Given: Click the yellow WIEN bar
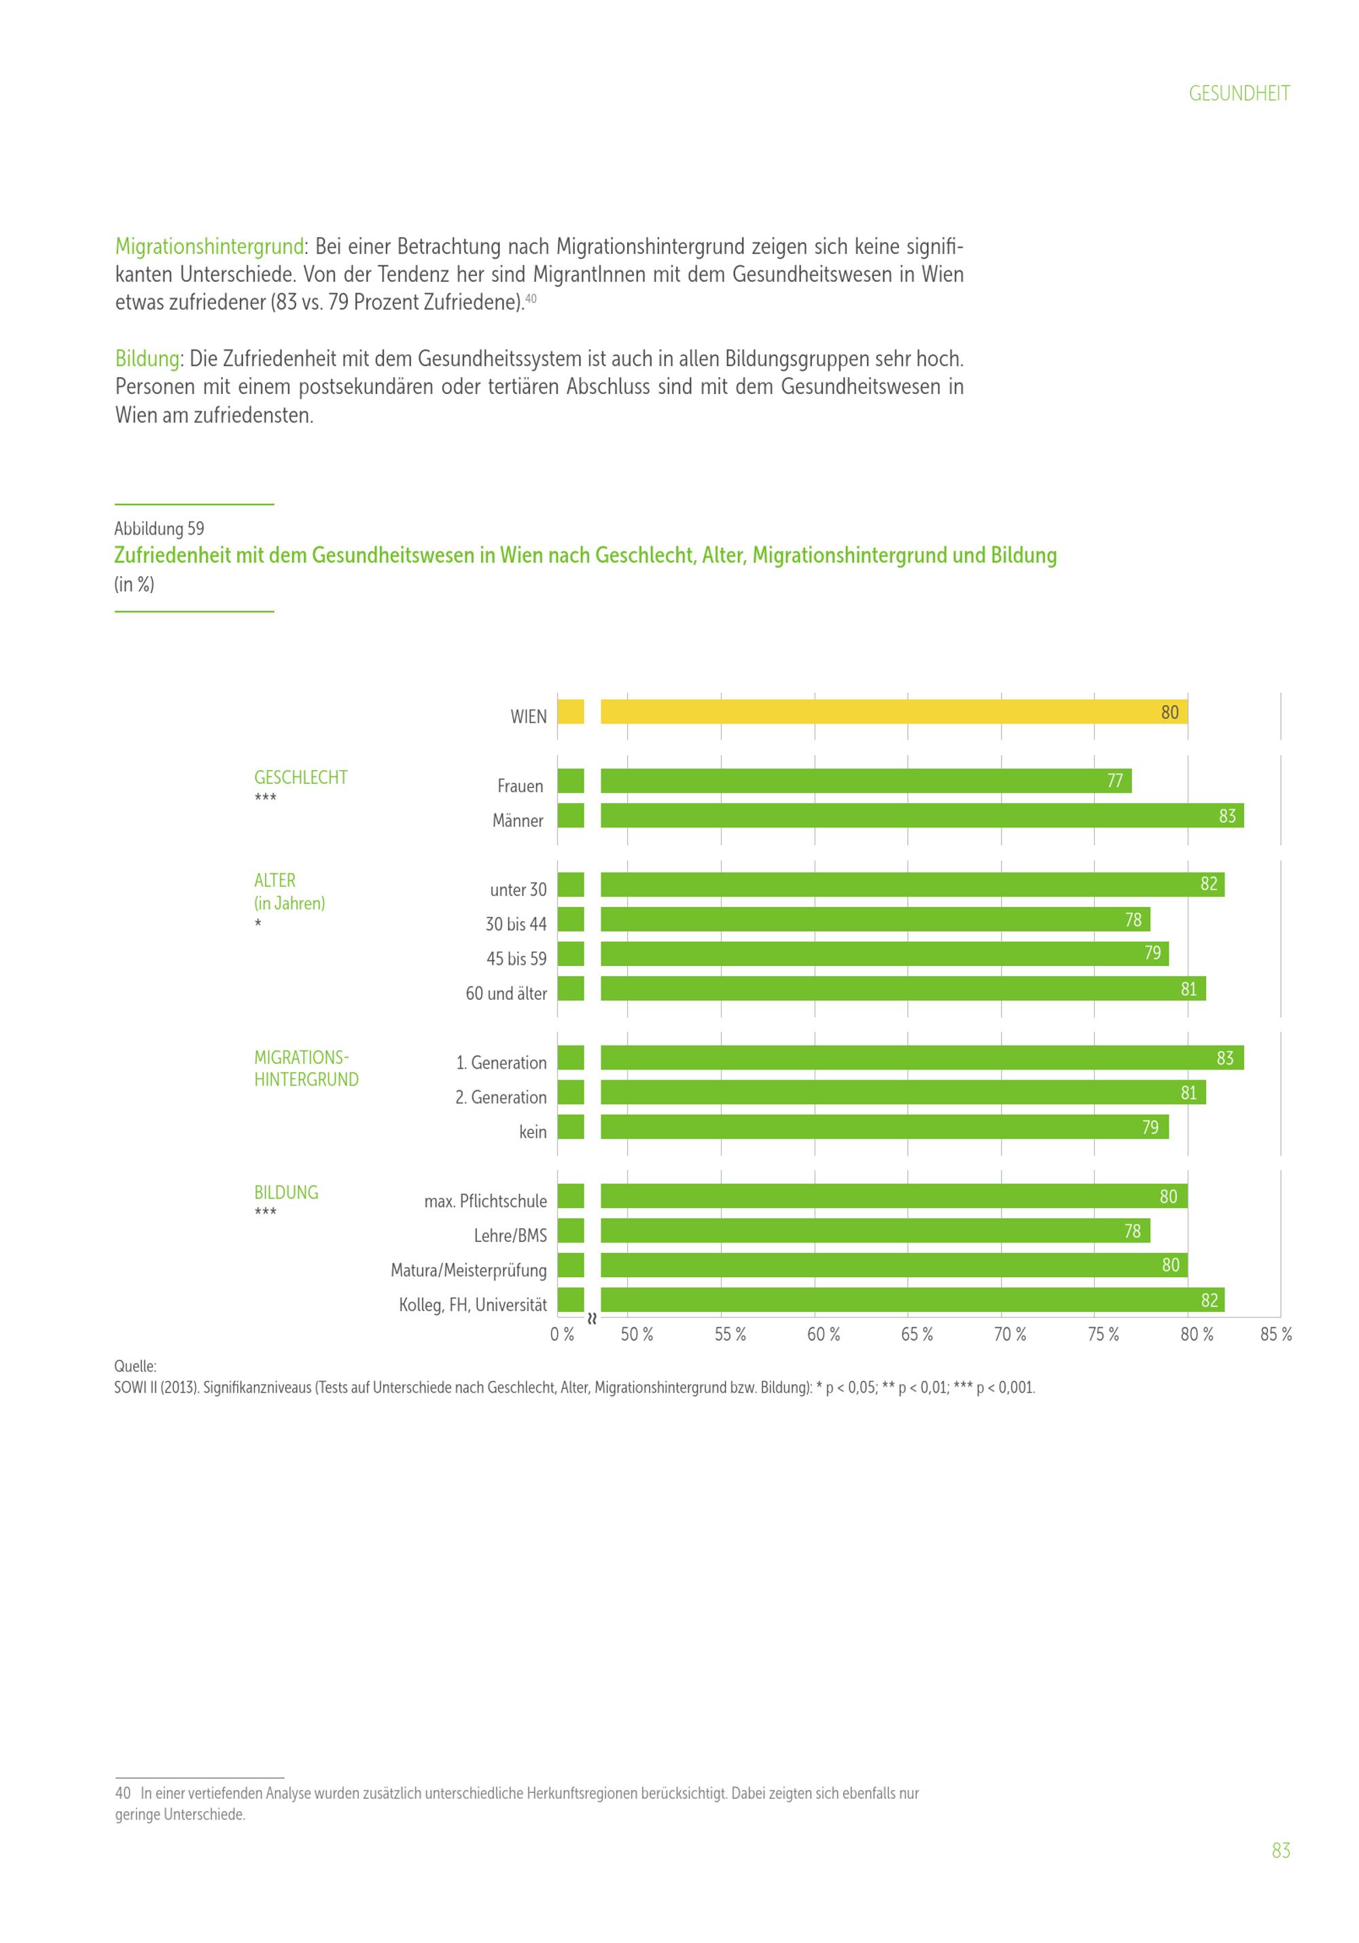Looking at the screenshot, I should [x=893, y=712].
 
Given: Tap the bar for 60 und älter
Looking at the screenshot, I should [x=902, y=988].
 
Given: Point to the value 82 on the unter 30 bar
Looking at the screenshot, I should [x=1208, y=885].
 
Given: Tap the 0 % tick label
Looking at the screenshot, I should [x=562, y=1334].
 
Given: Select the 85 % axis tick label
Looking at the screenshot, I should [x=1275, y=1334].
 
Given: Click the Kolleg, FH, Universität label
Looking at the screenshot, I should [x=472, y=1305].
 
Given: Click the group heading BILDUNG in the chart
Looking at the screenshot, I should [x=286, y=1192].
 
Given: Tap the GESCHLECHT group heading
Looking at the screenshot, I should [x=300, y=778].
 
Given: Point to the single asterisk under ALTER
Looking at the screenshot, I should [x=258, y=923].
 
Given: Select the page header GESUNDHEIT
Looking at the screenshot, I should [x=1239, y=94].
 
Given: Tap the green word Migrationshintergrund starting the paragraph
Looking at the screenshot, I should [x=209, y=247].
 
